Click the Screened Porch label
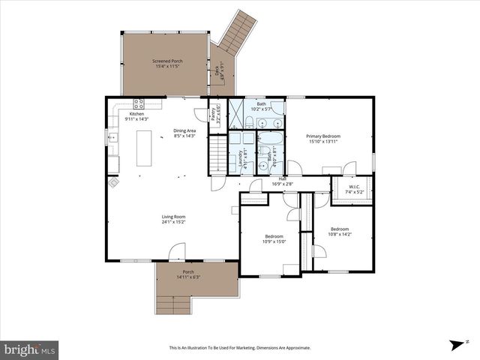(167, 61)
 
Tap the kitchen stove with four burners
(139, 104)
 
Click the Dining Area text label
(184, 130)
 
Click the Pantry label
(214, 115)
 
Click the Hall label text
(283, 178)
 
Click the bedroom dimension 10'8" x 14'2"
(339, 234)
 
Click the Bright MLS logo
(30, 349)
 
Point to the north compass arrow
(456, 345)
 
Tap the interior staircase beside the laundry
(217, 155)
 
